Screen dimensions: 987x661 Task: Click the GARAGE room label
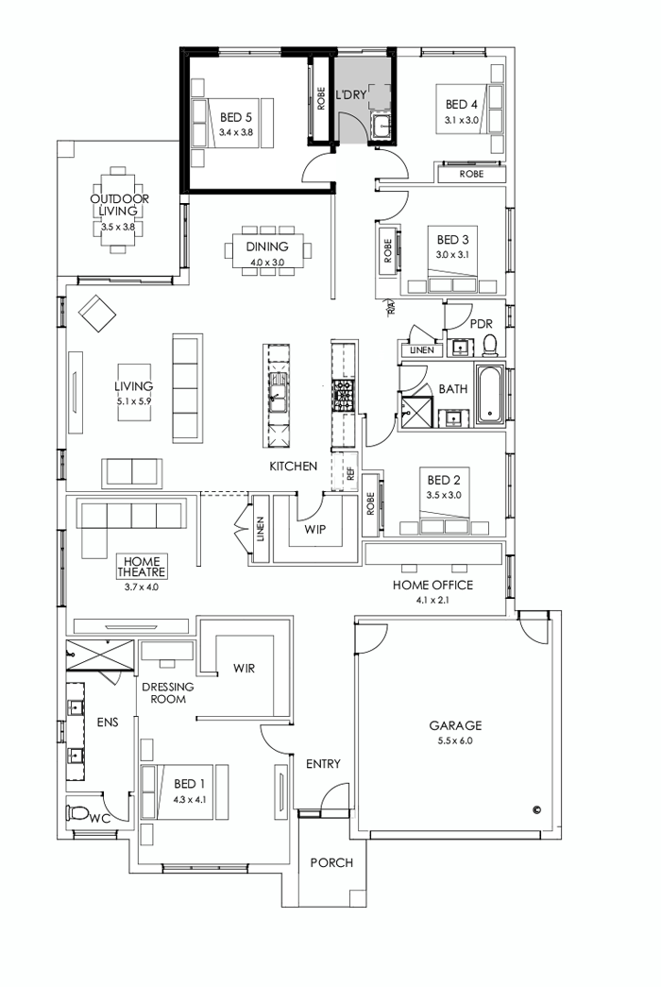click(x=456, y=725)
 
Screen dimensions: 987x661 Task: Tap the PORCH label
click(x=331, y=862)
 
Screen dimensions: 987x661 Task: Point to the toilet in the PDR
click(x=489, y=345)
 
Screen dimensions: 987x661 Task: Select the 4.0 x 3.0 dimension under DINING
click(x=267, y=262)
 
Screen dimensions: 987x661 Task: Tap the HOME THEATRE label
click(x=142, y=567)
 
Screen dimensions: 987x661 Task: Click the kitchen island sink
click(x=279, y=390)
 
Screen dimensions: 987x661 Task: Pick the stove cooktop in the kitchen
click(x=342, y=392)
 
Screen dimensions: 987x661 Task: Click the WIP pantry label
click(x=314, y=530)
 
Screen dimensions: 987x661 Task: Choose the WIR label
click(x=245, y=668)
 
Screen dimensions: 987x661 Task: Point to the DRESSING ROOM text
click(x=168, y=693)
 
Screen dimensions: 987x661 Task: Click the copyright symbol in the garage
click(x=536, y=808)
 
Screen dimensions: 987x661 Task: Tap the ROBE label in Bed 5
click(x=322, y=100)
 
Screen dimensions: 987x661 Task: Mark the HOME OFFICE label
click(x=432, y=585)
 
